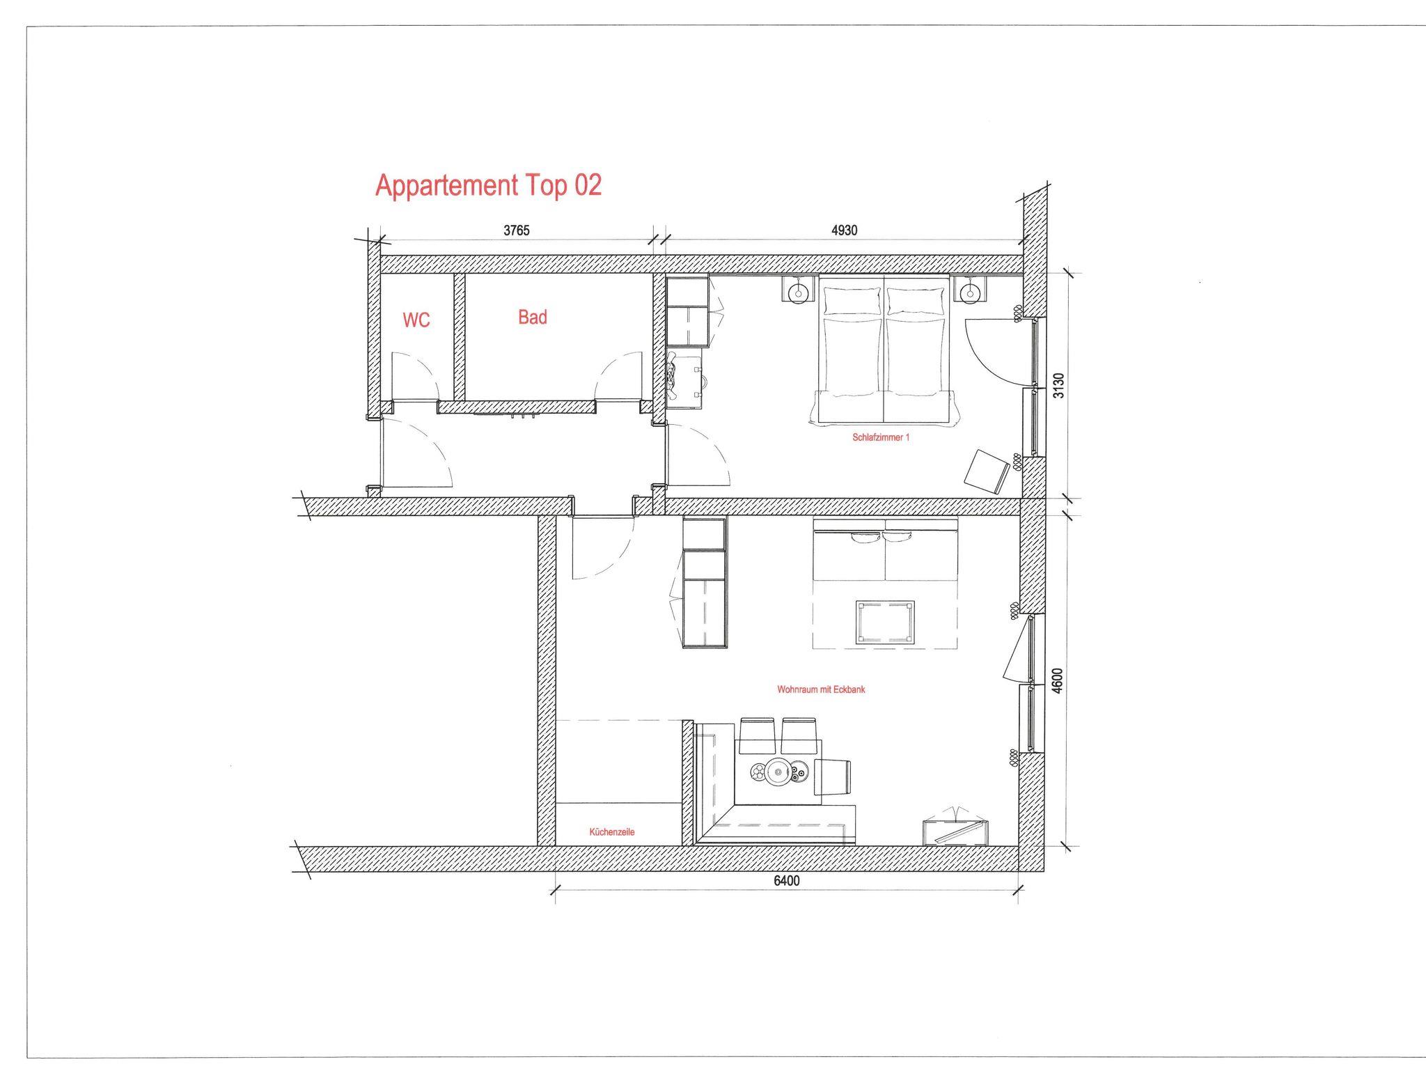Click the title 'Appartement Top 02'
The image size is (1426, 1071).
(x=488, y=186)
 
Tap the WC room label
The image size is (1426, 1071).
(x=416, y=320)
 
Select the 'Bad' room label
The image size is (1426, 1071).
(x=533, y=318)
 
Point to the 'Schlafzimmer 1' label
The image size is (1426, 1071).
(x=881, y=437)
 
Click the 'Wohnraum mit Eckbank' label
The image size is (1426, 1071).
(x=821, y=689)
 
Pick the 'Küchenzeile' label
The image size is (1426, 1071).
(x=612, y=831)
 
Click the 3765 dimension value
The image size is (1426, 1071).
(x=517, y=230)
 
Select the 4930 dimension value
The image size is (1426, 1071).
(x=844, y=230)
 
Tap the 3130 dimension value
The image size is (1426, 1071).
(x=1058, y=385)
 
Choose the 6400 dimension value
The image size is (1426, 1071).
(x=787, y=881)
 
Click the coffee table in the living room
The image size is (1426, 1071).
(x=884, y=622)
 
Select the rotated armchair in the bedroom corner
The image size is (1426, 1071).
(x=987, y=470)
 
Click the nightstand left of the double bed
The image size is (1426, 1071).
(x=799, y=289)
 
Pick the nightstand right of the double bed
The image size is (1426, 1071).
(x=969, y=289)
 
